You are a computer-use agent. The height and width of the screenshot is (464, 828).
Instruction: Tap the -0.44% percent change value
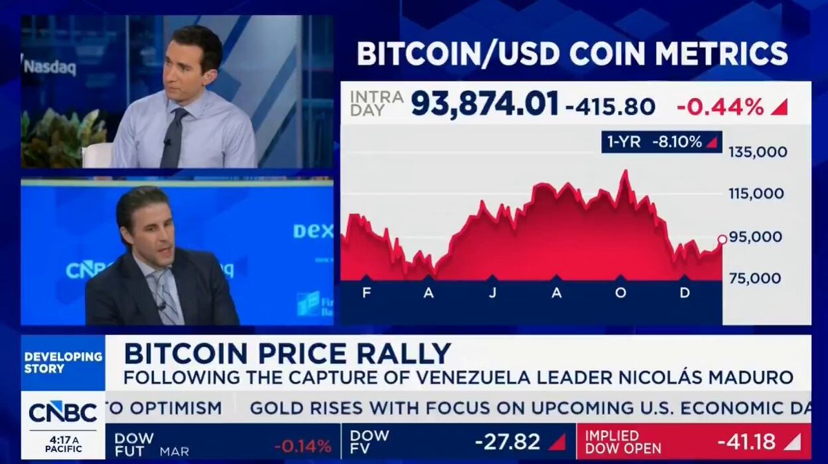[x=720, y=107]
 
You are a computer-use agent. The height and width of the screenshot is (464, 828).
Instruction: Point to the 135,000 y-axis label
[x=758, y=152]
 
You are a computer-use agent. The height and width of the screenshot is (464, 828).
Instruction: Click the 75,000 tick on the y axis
[x=755, y=279]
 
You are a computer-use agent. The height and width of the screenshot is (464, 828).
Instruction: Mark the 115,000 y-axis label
[x=756, y=194]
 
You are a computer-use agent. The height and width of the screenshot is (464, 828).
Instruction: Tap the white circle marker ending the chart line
[x=722, y=239]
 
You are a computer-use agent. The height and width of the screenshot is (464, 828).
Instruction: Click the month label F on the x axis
[x=366, y=292]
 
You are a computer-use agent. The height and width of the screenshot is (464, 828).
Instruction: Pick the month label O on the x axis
[x=620, y=292]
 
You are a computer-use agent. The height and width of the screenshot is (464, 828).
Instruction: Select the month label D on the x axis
[x=684, y=292]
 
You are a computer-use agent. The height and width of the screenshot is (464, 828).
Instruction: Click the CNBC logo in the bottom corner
[x=63, y=412]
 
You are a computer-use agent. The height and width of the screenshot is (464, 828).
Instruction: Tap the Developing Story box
[x=63, y=363]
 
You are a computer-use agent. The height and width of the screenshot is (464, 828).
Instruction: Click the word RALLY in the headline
[x=408, y=354]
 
